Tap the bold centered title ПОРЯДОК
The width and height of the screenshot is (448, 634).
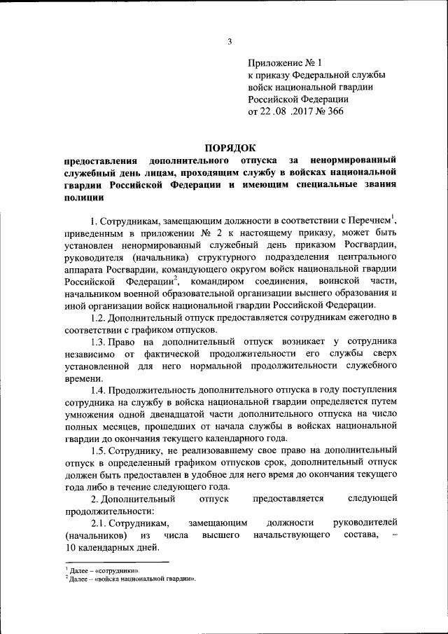[230, 147]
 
